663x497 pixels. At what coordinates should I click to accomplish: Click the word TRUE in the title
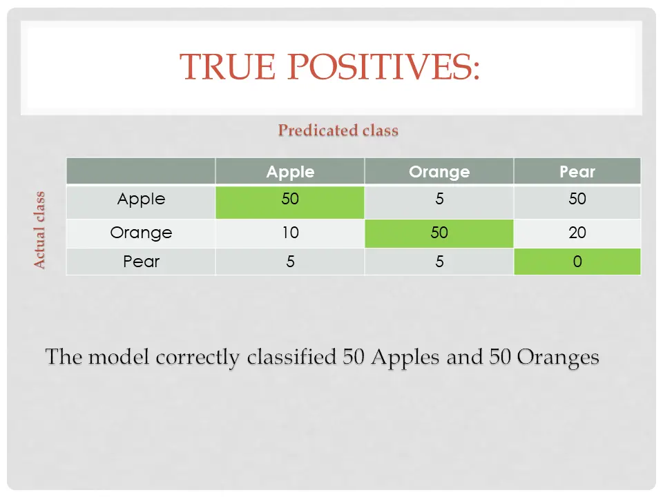point(227,67)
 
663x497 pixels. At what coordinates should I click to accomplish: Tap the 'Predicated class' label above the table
point(338,130)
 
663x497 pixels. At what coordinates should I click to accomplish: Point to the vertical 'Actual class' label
point(39,230)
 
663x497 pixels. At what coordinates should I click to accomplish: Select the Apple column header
point(290,171)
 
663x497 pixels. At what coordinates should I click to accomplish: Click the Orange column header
point(439,171)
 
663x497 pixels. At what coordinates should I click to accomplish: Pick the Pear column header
point(577,171)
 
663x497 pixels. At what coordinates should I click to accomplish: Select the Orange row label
point(141,233)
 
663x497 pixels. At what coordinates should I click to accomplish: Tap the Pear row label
point(141,262)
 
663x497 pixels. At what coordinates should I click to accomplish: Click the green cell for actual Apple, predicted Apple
point(290,202)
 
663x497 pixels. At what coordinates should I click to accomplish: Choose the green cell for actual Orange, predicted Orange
point(439,233)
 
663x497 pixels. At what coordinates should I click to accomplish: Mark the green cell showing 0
point(577,262)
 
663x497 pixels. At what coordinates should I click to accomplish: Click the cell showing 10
point(290,233)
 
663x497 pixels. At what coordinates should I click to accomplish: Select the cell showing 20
point(577,233)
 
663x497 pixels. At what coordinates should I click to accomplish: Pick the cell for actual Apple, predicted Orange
point(439,202)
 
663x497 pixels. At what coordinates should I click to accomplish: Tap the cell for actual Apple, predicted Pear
point(577,202)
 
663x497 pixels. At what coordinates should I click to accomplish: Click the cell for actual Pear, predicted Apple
point(290,262)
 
